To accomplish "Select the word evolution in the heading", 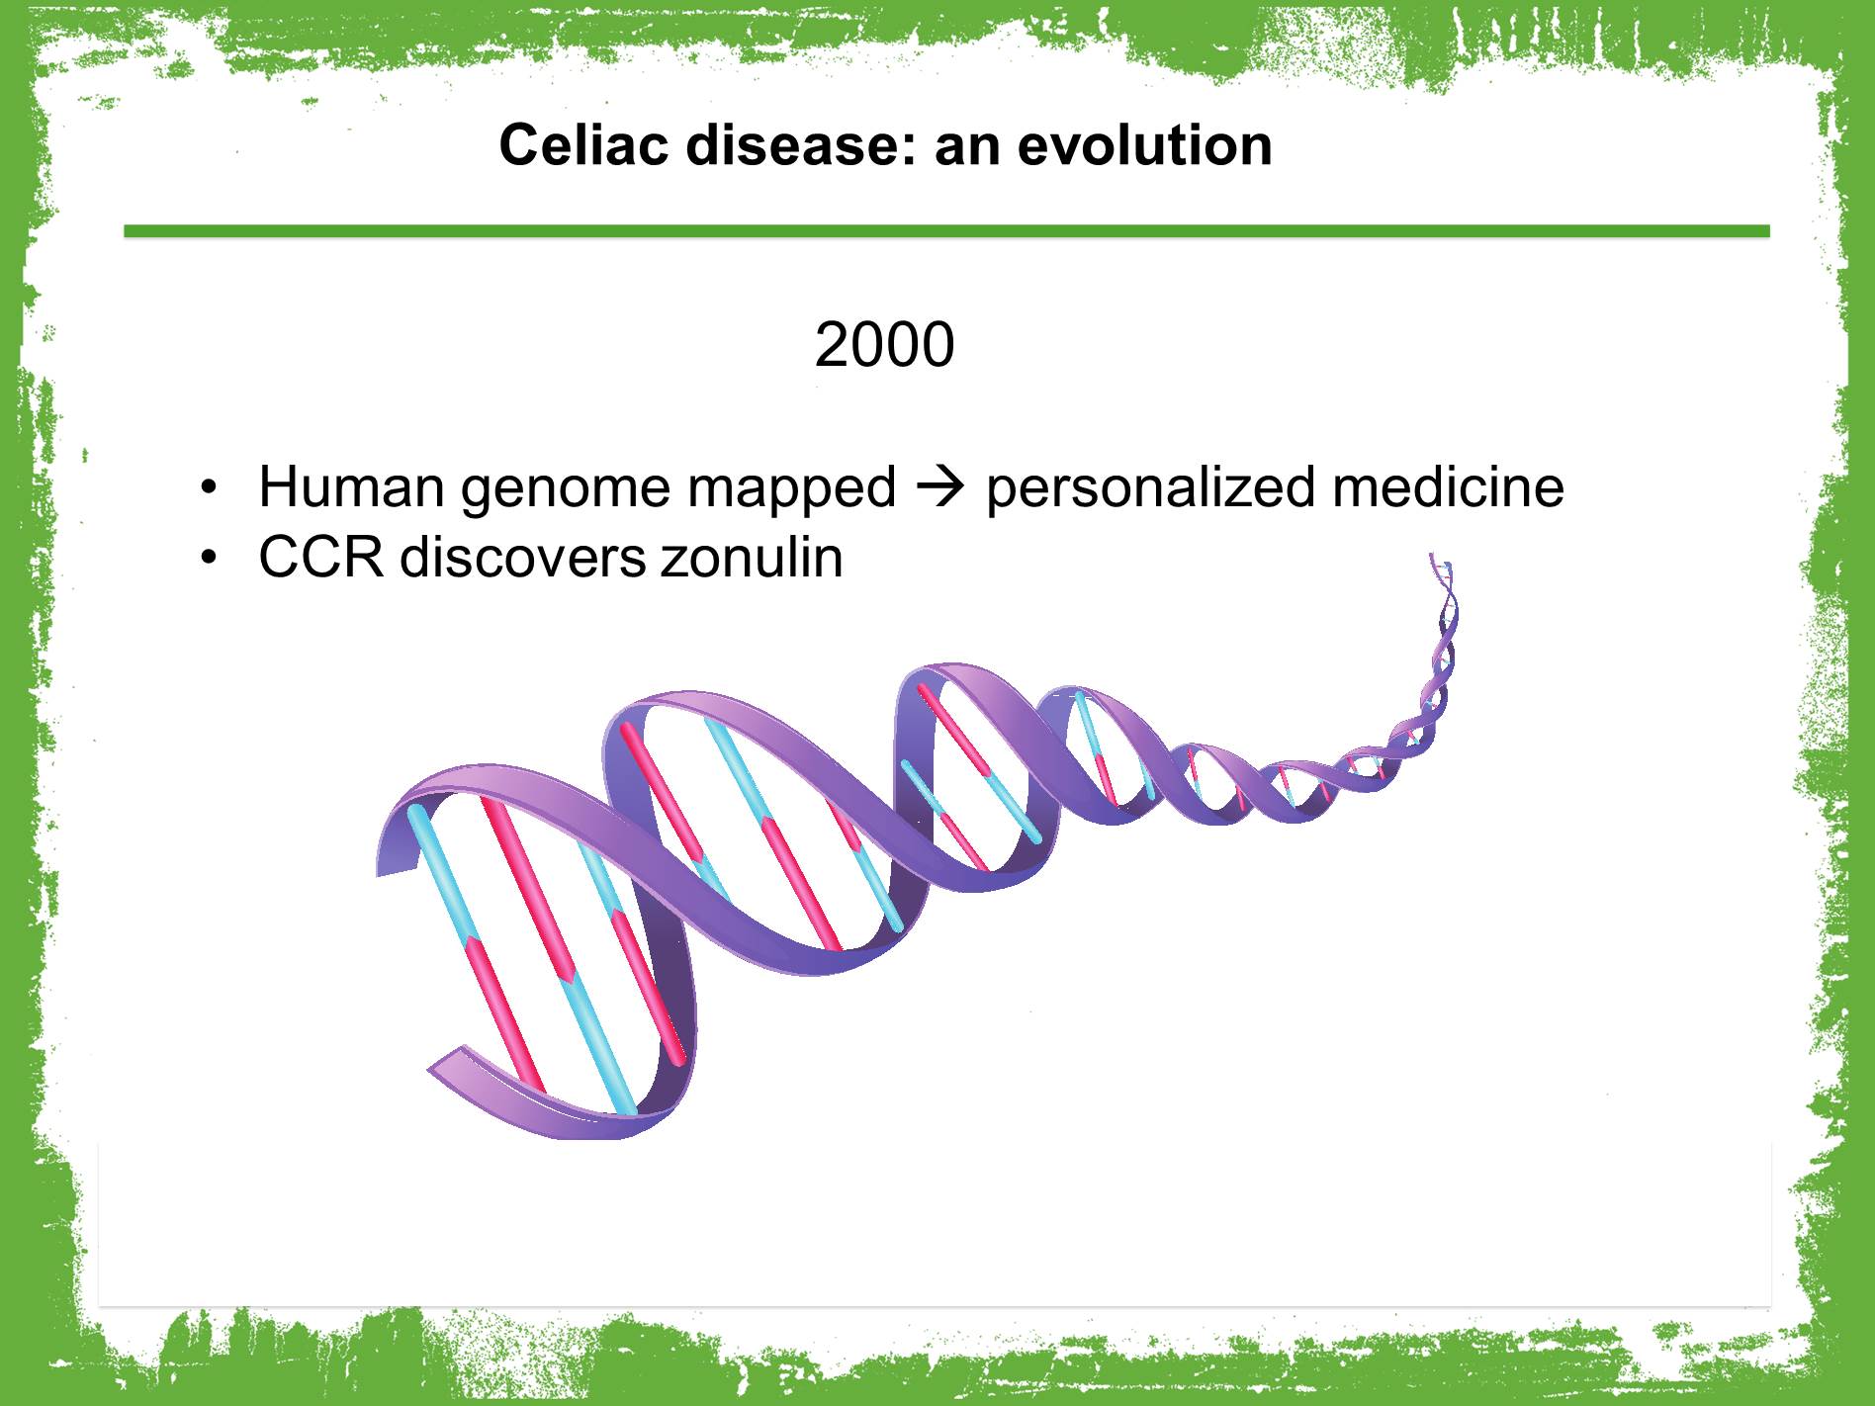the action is click(x=1144, y=145).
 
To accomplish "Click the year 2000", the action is click(x=884, y=345).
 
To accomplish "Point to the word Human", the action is click(x=351, y=486).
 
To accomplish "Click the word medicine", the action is click(x=1448, y=486).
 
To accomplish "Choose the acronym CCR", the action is click(x=321, y=557).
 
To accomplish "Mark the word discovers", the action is click(x=522, y=557).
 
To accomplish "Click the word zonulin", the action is click(x=753, y=557).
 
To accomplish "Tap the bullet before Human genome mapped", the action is click(x=207, y=487).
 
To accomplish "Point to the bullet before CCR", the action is click(x=207, y=559).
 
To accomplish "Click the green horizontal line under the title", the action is click(x=946, y=231).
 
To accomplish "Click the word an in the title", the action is click(x=966, y=145).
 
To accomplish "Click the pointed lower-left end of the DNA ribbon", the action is click(x=432, y=1068).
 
